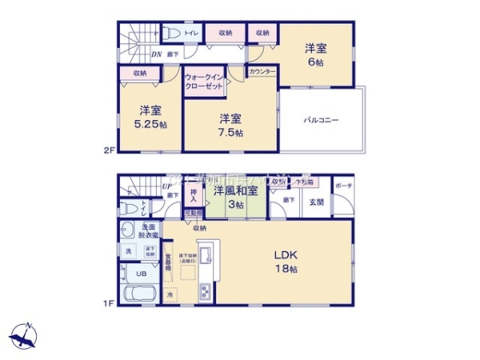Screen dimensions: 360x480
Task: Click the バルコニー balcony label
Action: [322, 119]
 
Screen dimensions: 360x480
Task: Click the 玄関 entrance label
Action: [317, 202]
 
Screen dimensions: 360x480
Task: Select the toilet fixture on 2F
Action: [171, 33]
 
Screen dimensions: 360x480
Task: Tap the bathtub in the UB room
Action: [141, 292]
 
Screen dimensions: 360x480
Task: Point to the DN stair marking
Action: [157, 54]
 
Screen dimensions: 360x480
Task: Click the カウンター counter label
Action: [262, 72]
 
